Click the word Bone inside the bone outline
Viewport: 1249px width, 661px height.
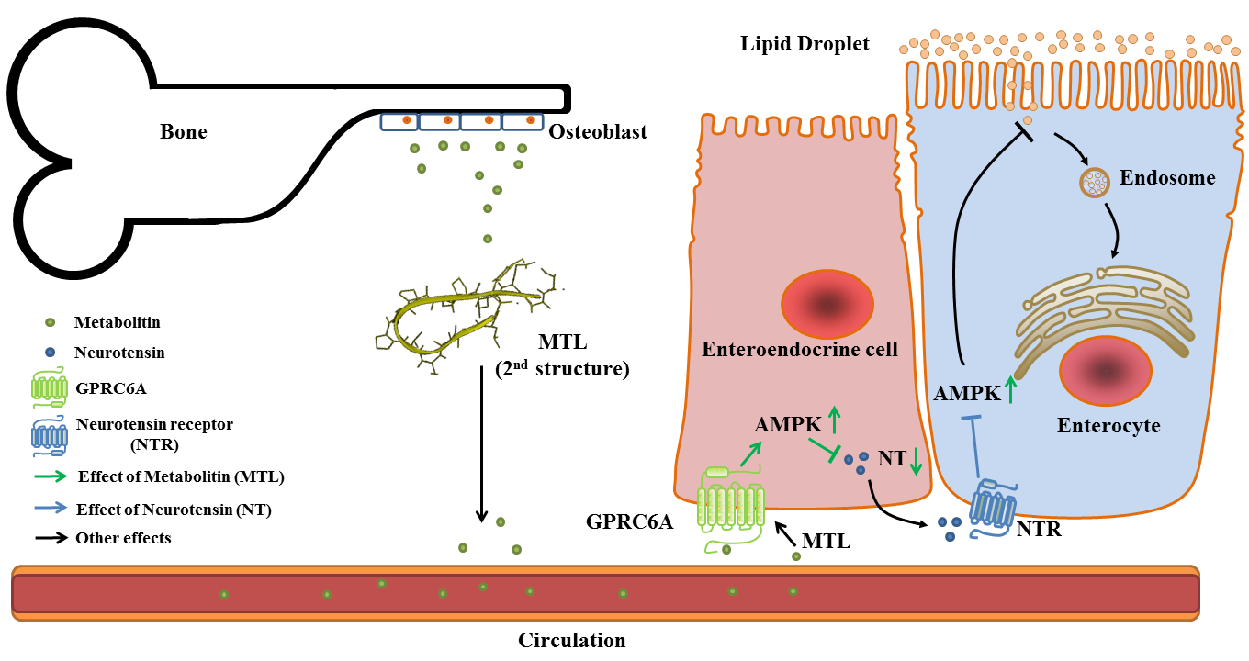pyautogui.click(x=184, y=131)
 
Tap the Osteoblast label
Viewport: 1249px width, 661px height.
pyautogui.click(x=598, y=132)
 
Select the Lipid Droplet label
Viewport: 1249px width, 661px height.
pyautogui.click(x=805, y=43)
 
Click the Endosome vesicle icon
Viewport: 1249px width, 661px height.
pyautogui.click(x=1093, y=182)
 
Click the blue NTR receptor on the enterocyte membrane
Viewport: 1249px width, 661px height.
pyautogui.click(x=994, y=507)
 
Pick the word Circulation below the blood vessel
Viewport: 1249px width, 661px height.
pyautogui.click(x=571, y=641)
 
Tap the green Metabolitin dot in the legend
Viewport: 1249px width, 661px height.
pyautogui.click(x=51, y=322)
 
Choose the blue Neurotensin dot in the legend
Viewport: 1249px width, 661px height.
pyautogui.click(x=51, y=352)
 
